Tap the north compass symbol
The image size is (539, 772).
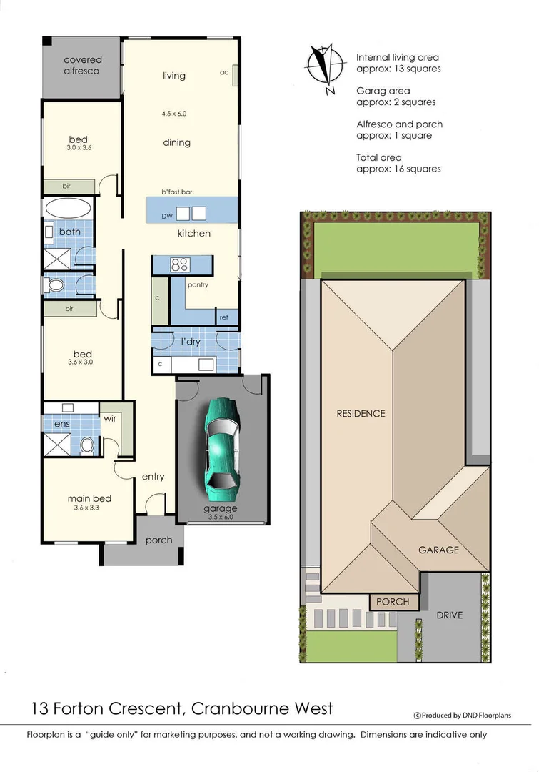click(x=324, y=69)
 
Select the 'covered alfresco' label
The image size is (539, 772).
click(x=83, y=66)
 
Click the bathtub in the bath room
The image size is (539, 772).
click(x=68, y=209)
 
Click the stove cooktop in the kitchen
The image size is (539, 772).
click(x=178, y=264)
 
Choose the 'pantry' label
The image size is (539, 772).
click(x=198, y=284)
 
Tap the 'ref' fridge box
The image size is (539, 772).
click(x=223, y=317)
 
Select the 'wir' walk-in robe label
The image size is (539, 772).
click(x=111, y=418)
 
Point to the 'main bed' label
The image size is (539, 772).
click(x=89, y=498)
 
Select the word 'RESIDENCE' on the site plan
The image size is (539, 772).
click(x=361, y=413)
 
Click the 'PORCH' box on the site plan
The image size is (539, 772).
click(x=393, y=602)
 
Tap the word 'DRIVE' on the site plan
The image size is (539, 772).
click(x=450, y=615)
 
